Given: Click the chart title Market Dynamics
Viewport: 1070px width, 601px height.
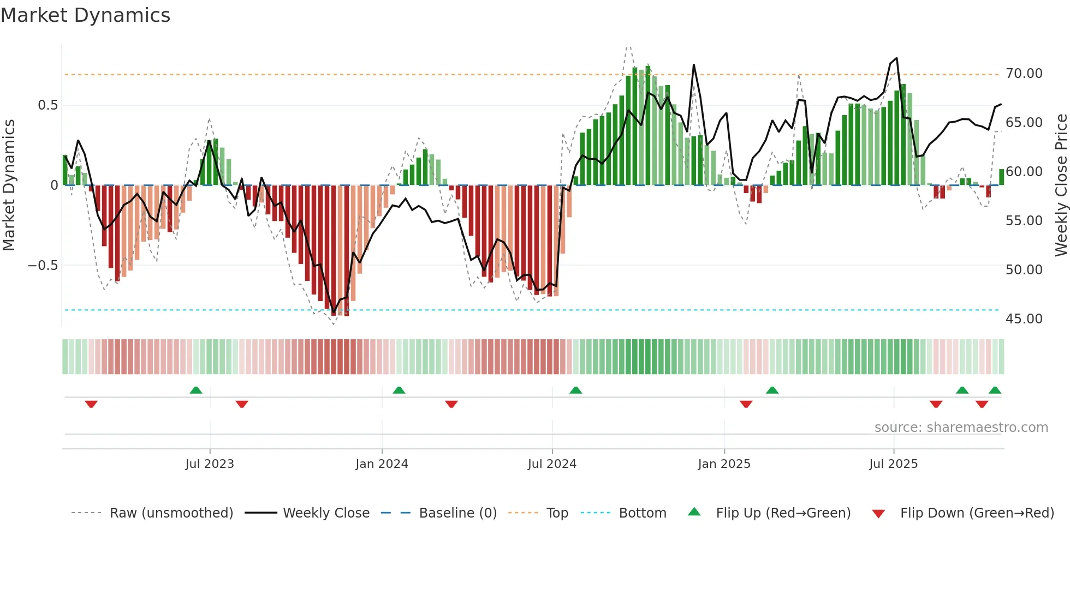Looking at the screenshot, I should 85,15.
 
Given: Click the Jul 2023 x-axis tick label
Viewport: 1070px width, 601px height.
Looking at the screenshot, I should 210,464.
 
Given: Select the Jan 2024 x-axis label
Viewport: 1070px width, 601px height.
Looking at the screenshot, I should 382,464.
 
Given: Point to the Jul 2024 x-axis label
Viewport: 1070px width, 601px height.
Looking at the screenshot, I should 552,464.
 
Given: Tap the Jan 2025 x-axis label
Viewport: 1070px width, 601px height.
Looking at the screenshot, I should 724,464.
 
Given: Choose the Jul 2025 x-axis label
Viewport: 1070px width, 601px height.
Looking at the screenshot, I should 894,464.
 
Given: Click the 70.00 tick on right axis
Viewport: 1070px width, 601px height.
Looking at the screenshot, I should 1024,74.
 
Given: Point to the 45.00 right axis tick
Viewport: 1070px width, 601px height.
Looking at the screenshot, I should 1024,319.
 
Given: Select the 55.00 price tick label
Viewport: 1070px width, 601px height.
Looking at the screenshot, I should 1024,221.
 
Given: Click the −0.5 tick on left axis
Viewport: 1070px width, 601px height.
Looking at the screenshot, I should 43,266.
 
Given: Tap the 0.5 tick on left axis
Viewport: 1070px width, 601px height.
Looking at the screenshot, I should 47,105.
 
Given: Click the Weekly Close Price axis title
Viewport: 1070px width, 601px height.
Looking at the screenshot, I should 1061,185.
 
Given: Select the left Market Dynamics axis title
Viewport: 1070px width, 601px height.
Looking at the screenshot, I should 9,185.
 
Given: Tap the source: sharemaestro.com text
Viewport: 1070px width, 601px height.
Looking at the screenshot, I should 961,428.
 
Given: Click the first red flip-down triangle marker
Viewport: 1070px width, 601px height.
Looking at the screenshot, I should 91,404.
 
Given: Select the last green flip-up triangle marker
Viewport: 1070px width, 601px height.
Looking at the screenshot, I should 995,390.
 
